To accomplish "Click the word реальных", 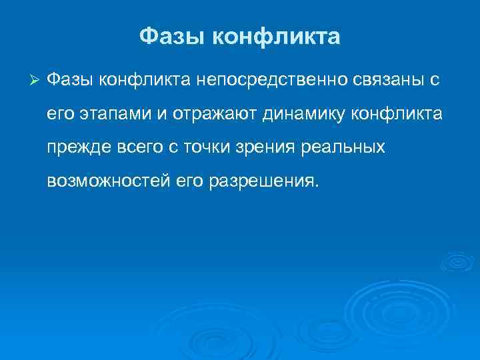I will click(x=346, y=147).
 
